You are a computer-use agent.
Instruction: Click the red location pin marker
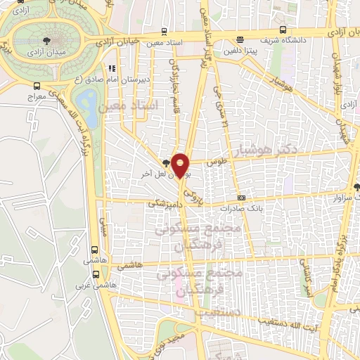click(x=181, y=164)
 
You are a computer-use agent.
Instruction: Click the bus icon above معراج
click(x=37, y=86)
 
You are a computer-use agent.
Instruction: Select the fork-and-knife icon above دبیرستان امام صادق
click(x=110, y=69)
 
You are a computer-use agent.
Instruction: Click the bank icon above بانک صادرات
click(x=241, y=198)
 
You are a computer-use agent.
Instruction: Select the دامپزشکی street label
click(x=163, y=202)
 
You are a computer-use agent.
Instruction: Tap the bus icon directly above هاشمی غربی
click(x=95, y=249)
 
